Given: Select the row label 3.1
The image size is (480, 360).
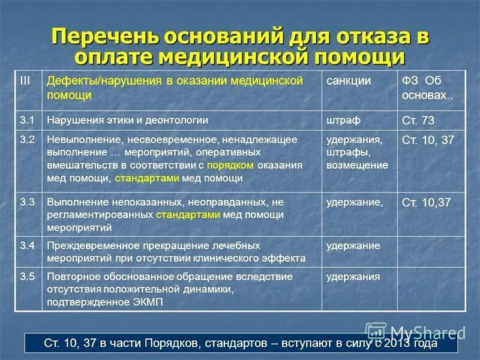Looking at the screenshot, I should [26, 120].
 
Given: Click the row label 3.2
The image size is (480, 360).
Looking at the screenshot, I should [26, 139].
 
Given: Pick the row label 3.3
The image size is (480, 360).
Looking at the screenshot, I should [26, 202].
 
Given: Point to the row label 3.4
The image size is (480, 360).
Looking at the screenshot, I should [26, 245].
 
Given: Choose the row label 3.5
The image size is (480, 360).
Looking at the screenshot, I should [26, 277].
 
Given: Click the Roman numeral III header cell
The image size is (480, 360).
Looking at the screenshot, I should [25, 80].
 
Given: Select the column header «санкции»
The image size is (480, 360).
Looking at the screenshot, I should [348, 80].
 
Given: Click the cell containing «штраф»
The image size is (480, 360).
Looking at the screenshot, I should [343, 120].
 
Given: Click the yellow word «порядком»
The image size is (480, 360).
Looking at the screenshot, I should [230, 165].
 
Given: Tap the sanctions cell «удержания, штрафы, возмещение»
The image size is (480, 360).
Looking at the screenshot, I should [357, 152].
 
